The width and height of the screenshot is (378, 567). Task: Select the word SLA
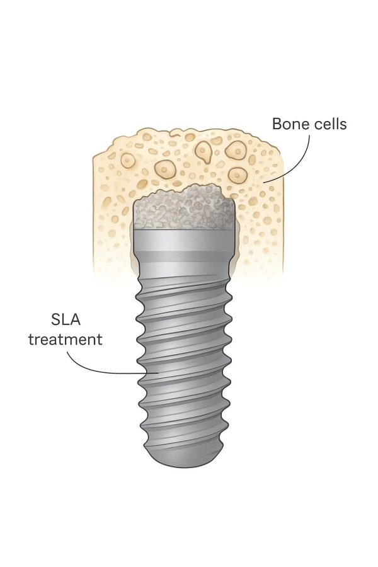pyautogui.click(x=66, y=319)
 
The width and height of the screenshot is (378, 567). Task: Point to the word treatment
pyautogui.click(x=66, y=340)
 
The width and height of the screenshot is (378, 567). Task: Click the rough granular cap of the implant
pyautogui.click(x=185, y=207)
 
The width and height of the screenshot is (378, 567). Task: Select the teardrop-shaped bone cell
pyautogui.click(x=204, y=151)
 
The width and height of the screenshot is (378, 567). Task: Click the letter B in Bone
pyautogui.click(x=277, y=123)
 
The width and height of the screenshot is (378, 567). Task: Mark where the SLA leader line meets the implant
pyautogui.click(x=158, y=372)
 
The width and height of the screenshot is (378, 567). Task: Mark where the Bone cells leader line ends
pyautogui.click(x=264, y=183)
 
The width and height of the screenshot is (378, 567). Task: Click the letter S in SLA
pyautogui.click(x=55, y=319)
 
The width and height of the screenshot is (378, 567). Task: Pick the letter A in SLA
pyautogui.click(x=75, y=319)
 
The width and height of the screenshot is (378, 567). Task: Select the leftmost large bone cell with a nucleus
pyautogui.click(x=127, y=160)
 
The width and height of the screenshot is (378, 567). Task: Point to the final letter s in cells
pyautogui.click(x=343, y=125)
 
